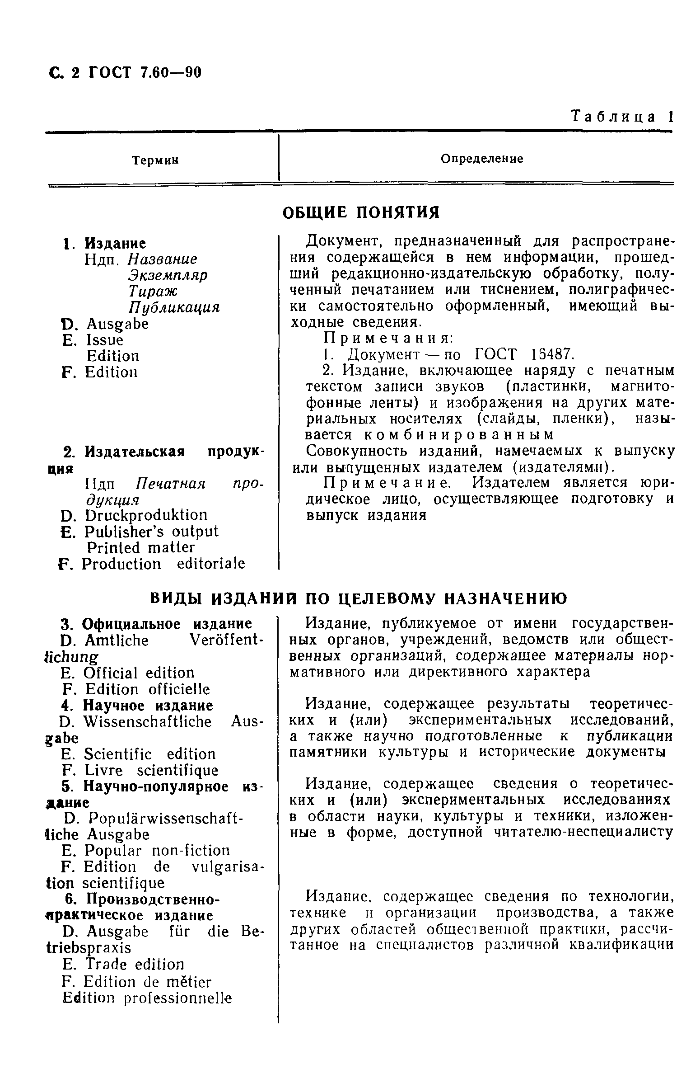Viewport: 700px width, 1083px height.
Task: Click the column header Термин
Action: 155,160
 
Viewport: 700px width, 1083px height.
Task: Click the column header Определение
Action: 482,159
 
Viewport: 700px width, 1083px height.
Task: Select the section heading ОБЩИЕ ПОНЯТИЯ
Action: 361,212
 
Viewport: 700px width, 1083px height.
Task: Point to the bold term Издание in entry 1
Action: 116,243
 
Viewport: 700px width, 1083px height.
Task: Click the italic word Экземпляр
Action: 168,275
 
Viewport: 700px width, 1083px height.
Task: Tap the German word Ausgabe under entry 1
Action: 117,324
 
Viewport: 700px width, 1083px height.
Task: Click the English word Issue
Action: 104,340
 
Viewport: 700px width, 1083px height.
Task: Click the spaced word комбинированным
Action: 459,435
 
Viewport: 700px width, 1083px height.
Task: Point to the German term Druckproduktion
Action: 145,515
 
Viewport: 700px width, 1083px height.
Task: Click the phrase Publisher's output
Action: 151,531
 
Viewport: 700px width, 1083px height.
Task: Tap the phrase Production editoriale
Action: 163,564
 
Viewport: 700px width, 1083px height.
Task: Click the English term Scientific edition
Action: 149,754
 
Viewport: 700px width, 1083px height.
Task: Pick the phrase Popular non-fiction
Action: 157,851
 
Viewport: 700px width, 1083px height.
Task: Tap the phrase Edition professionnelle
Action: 146,998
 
